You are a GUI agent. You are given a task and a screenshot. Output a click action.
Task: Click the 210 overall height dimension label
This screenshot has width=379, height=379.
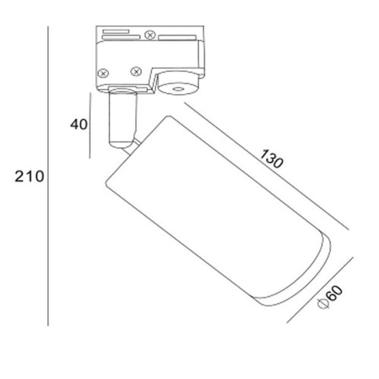pyautogui.click(x=30, y=177)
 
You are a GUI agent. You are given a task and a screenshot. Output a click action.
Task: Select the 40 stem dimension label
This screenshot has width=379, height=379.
pyautogui.click(x=79, y=124)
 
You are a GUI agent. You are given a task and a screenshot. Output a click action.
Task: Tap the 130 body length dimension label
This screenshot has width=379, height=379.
pyautogui.click(x=271, y=158)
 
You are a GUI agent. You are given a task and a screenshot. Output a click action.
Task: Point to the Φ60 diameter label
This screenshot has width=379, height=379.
pyautogui.click(x=330, y=297)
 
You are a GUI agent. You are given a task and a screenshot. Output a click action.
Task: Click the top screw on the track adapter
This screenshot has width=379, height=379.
pyautogui.click(x=150, y=35)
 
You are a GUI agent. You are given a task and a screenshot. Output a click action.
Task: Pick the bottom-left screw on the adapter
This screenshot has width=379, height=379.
pyautogui.click(x=103, y=74)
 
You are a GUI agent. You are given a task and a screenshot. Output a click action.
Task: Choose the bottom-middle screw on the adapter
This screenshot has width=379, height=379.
pyautogui.click(x=136, y=71)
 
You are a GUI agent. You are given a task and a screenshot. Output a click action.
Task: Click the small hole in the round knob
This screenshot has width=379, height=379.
pyautogui.click(x=178, y=89)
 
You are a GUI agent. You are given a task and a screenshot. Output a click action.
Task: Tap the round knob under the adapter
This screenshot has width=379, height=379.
pyautogui.click(x=178, y=83)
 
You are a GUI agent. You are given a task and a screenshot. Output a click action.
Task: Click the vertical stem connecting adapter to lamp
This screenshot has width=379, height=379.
pyautogui.click(x=123, y=119)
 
